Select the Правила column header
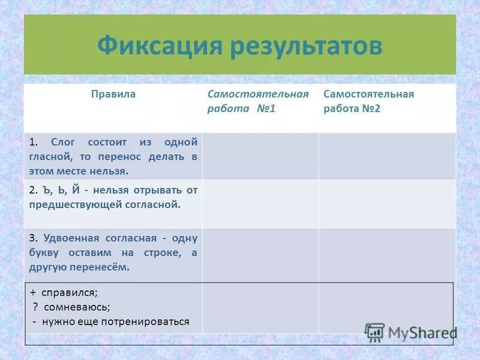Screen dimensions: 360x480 (113, 94)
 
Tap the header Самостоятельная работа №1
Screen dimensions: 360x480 (258, 101)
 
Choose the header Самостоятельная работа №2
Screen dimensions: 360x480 (368, 101)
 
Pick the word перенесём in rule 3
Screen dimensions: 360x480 (103, 267)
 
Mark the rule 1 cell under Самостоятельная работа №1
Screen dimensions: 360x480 (260, 156)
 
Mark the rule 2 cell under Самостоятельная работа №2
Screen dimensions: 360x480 (386, 204)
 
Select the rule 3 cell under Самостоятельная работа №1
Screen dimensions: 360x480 (260, 254)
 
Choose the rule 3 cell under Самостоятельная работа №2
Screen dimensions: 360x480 (386, 254)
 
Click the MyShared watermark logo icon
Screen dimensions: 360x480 (374, 332)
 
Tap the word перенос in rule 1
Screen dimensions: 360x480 (118, 157)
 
